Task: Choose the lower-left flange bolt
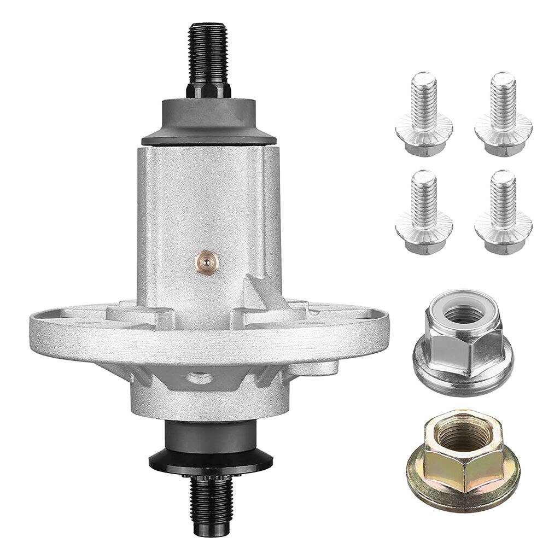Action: coord(424,213)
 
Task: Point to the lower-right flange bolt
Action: coord(503,213)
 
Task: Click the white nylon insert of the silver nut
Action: coord(459,312)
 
